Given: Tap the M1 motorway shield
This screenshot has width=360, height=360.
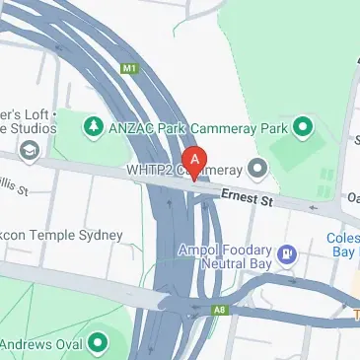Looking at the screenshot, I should click(x=127, y=69).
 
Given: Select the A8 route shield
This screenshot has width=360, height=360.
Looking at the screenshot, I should click(x=216, y=313).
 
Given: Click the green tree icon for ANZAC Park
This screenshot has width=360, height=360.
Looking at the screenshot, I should click(x=94, y=125).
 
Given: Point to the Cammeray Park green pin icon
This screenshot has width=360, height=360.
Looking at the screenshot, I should click(x=303, y=125).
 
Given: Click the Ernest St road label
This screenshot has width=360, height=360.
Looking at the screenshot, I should click(x=247, y=198).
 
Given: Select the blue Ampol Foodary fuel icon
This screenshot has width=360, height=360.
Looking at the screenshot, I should click(x=286, y=252).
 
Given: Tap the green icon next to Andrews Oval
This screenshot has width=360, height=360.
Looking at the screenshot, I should click(x=98, y=343).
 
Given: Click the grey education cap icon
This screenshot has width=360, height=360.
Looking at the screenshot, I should click(x=29, y=149).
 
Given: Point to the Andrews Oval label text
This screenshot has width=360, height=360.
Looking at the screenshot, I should click(x=39, y=343).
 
